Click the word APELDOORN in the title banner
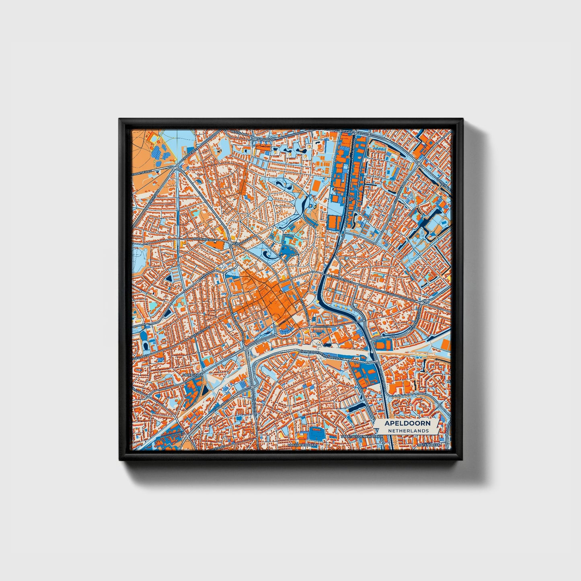(x=407, y=423)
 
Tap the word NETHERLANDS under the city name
(x=408, y=431)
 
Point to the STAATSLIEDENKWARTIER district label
(x=360, y=436)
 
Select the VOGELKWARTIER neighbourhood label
(x=302, y=446)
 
